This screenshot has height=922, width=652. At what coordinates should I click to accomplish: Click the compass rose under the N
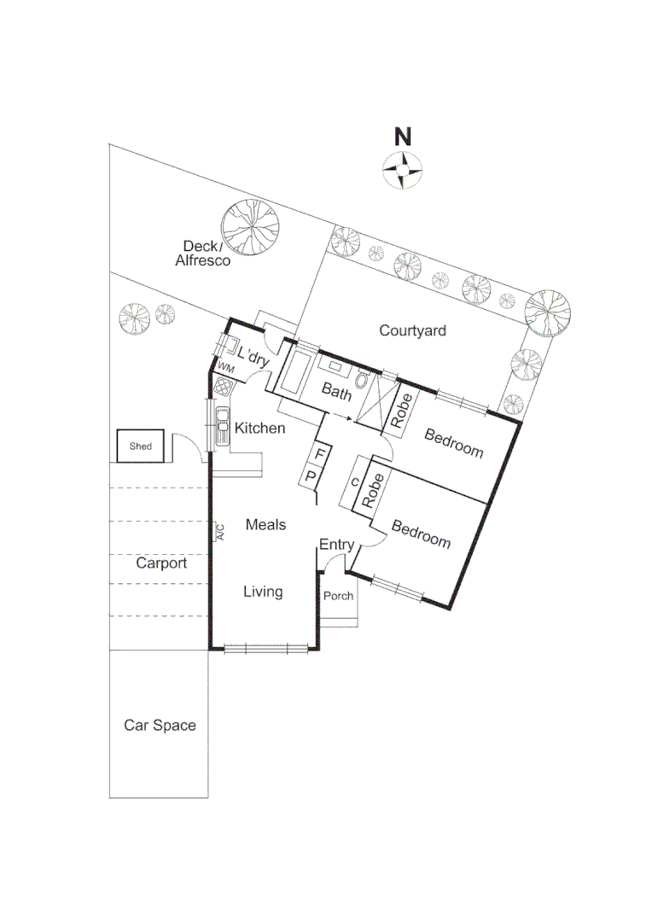(403, 168)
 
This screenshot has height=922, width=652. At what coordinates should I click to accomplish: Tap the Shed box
(140, 446)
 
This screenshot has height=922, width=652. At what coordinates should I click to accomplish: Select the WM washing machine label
(226, 367)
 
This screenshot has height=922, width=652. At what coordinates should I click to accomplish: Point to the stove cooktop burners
(224, 386)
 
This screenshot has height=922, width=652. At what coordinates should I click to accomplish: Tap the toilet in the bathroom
(364, 382)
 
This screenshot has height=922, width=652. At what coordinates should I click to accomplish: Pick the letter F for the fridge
(320, 452)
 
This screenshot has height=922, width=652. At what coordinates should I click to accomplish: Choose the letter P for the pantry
(311, 476)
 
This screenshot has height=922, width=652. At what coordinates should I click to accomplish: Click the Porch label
(339, 596)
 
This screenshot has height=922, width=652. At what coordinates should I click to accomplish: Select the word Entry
(336, 545)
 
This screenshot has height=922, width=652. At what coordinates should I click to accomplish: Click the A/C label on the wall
(218, 533)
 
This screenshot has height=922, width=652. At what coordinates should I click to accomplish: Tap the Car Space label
(160, 726)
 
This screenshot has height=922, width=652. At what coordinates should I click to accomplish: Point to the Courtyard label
(412, 330)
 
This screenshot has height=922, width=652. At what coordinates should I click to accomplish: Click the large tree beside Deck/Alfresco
(250, 228)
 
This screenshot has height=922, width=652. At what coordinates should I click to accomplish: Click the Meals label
(265, 524)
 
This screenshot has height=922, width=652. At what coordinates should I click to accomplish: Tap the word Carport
(161, 563)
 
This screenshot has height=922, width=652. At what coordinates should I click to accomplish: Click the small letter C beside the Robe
(355, 482)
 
